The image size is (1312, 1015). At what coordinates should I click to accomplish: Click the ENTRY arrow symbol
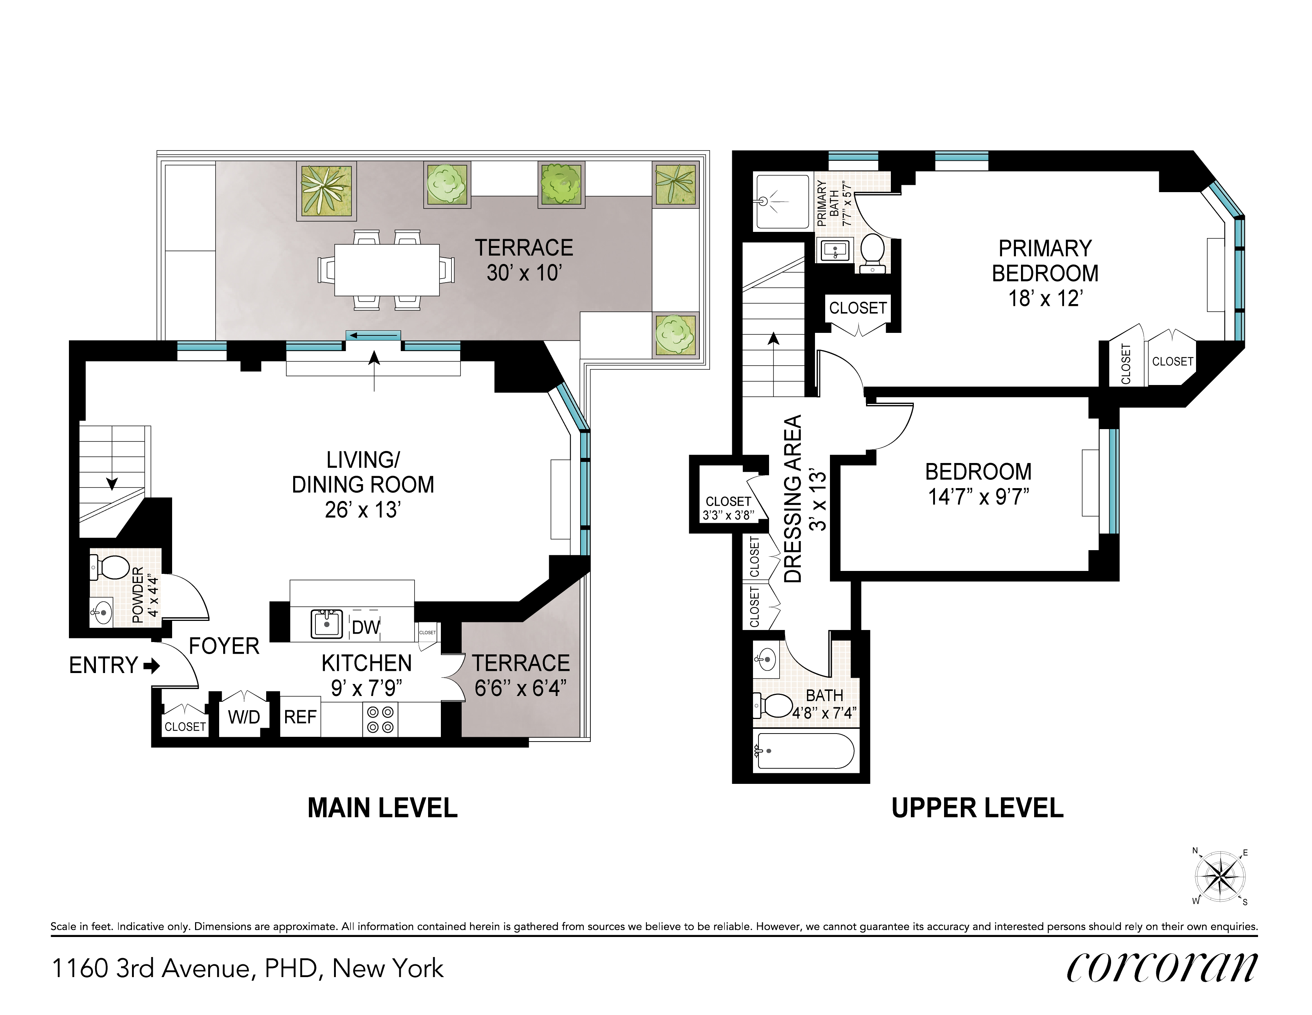(152, 665)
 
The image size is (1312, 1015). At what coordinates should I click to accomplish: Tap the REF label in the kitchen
(300, 716)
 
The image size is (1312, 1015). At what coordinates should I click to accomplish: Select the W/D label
(244, 716)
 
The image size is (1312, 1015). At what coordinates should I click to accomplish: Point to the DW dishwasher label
(366, 627)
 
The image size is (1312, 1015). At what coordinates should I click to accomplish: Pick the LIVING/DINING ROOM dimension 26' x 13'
(363, 510)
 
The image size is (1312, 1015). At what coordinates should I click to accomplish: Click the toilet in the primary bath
(872, 252)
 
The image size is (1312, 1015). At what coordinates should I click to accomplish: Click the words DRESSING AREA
(793, 498)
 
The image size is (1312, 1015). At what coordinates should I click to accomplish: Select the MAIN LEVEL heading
(383, 808)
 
